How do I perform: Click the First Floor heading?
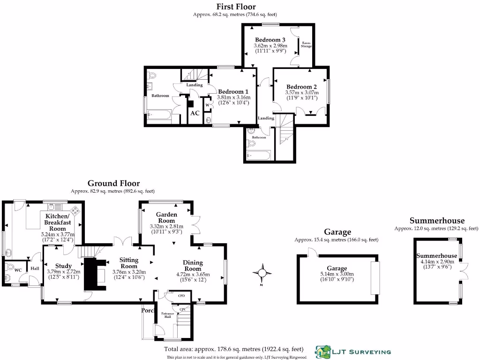(x=236, y=7)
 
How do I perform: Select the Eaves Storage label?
(x=306, y=45)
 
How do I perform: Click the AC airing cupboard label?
(x=195, y=113)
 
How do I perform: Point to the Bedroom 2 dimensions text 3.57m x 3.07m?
(x=301, y=93)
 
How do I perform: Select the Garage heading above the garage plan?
(x=337, y=232)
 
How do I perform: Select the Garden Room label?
(x=166, y=217)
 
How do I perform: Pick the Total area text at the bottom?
(x=233, y=349)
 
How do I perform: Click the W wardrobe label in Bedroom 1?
(x=207, y=105)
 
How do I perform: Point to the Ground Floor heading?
(x=113, y=183)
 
